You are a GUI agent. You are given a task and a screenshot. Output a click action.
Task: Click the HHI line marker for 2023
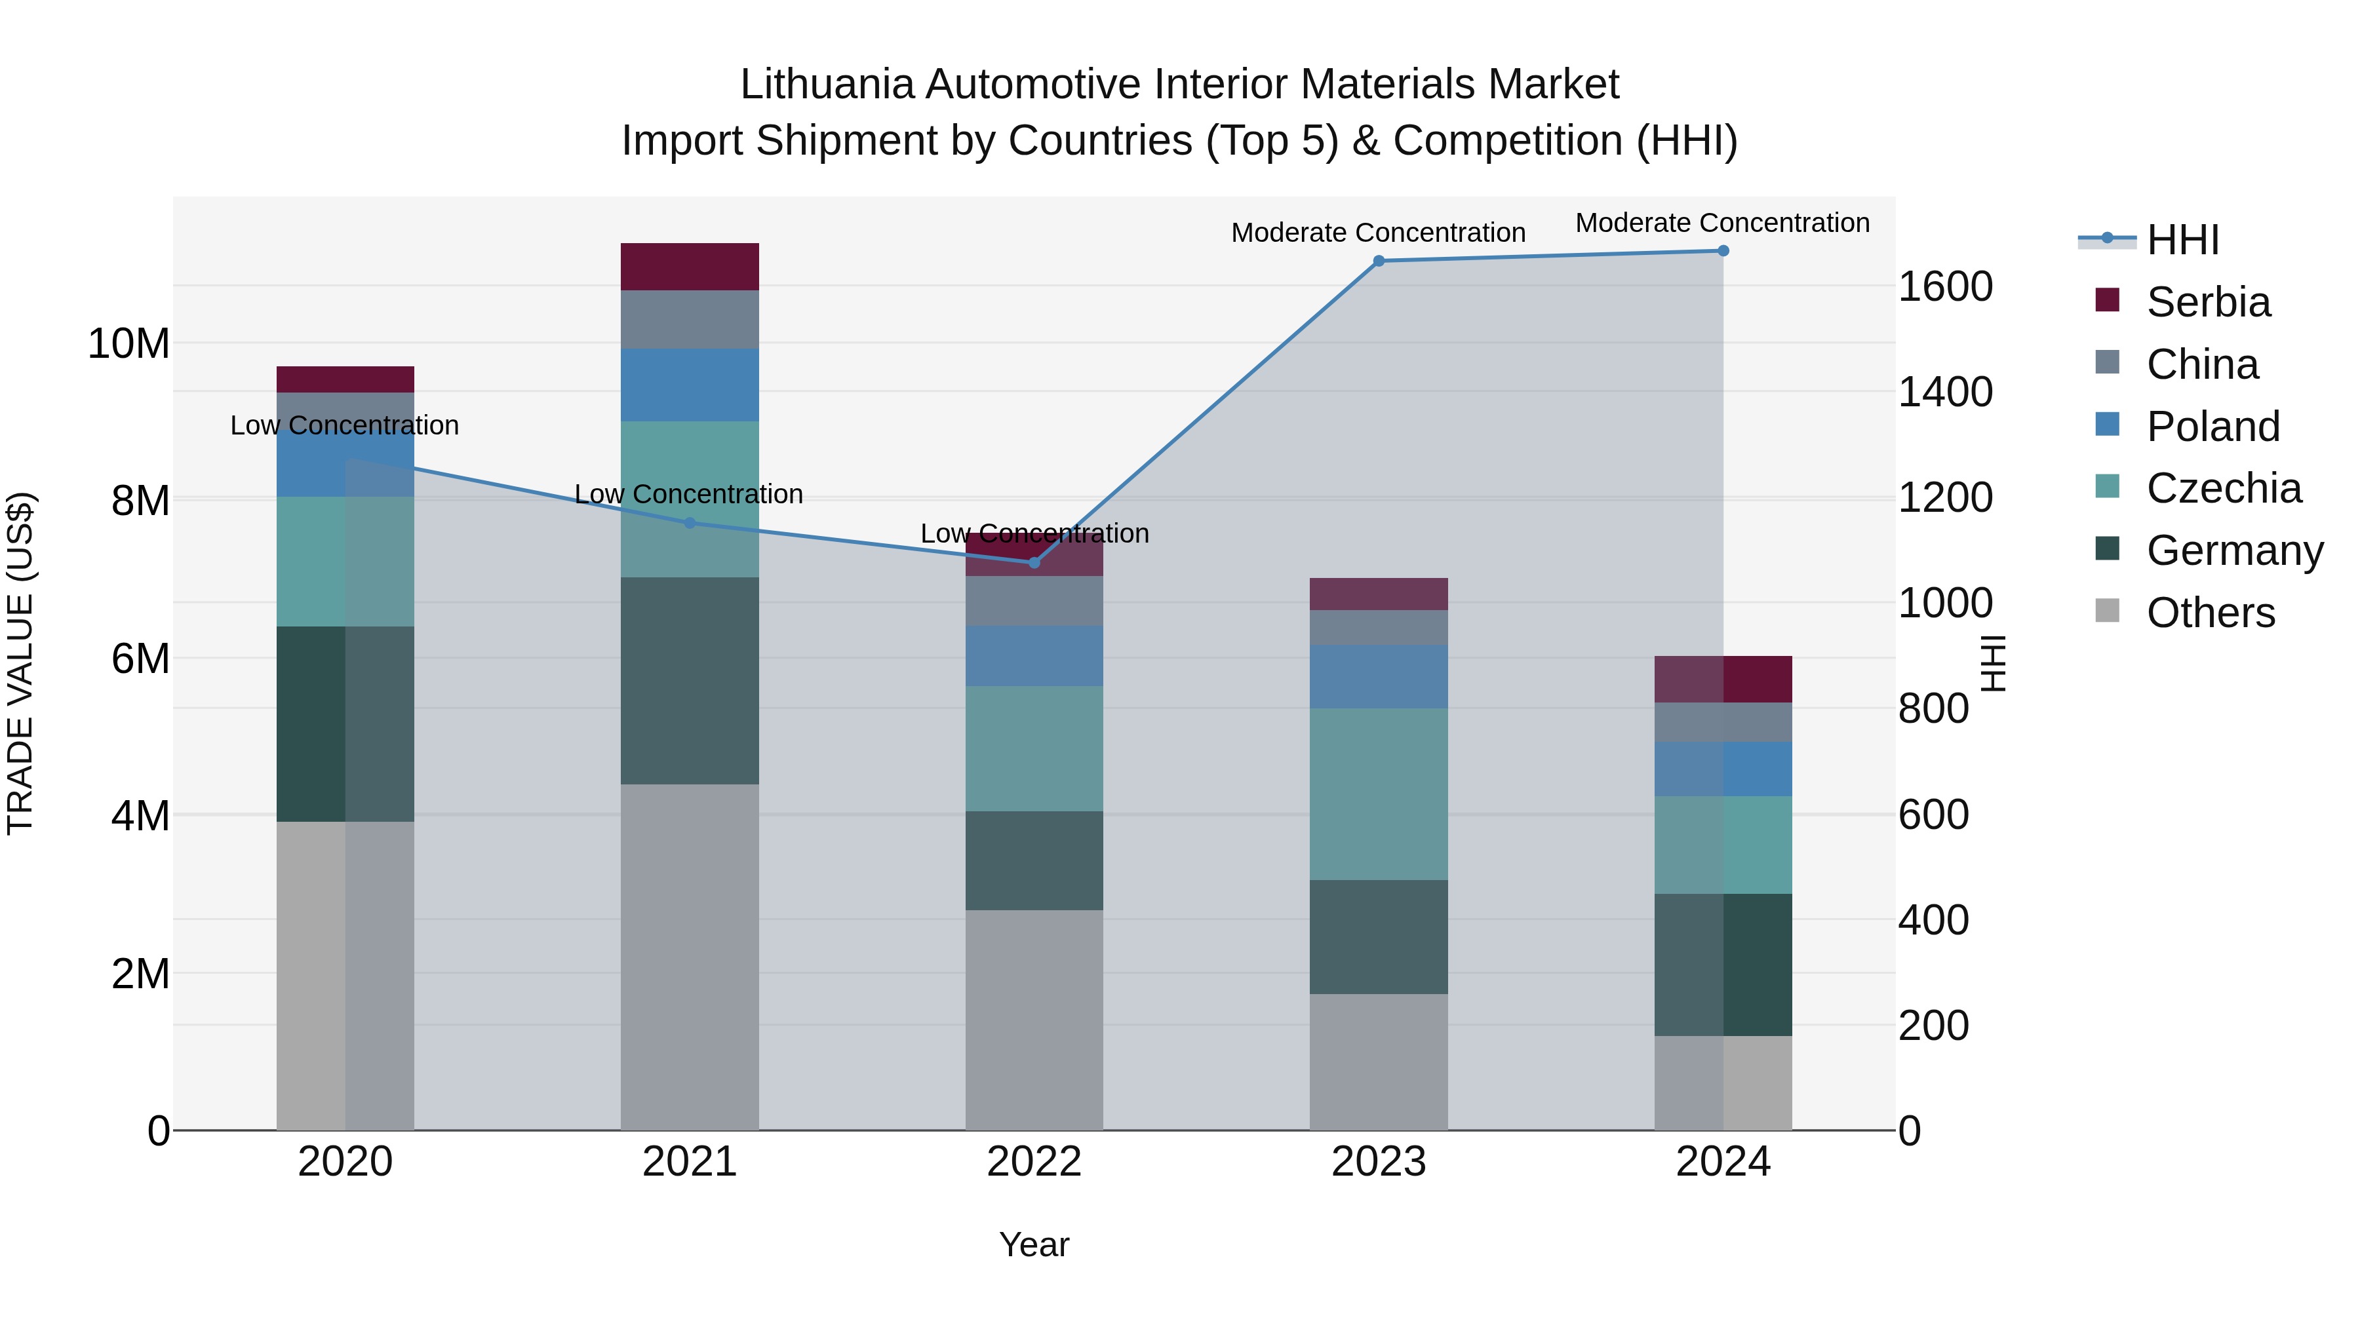coord(1379,261)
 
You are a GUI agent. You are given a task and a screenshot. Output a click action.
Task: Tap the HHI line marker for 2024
coord(1723,251)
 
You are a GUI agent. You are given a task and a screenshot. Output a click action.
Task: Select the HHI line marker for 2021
coord(690,523)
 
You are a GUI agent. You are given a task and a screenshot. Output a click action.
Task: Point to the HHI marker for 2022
coord(1034,562)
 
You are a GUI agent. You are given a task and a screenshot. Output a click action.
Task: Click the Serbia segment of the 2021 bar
coord(690,267)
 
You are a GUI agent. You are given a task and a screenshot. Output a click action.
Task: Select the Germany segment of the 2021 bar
coord(690,680)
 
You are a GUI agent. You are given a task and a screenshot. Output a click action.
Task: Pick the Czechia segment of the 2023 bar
coord(1379,794)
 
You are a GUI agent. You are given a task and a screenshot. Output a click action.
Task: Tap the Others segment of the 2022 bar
coord(1034,1019)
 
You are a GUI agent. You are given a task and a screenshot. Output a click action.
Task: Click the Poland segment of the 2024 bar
coord(1723,769)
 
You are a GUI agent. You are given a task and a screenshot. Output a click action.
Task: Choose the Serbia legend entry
coord(2208,302)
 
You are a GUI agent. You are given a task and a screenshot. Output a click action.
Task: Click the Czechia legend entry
coord(2224,488)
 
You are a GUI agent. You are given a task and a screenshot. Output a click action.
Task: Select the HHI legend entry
coord(2182,240)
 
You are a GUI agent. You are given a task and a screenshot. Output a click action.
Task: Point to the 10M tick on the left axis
coord(128,344)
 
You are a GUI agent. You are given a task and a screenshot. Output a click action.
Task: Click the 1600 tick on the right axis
coord(1945,286)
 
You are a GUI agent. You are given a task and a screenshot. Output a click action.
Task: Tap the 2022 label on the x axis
coord(1034,1162)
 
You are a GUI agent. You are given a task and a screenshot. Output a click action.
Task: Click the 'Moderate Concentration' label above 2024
coord(1722,223)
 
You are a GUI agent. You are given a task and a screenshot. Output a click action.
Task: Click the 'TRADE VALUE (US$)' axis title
coord(20,663)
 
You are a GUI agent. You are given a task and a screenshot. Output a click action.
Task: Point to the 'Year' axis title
coord(1034,1244)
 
